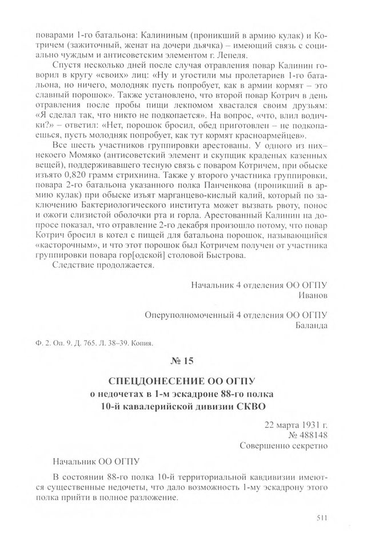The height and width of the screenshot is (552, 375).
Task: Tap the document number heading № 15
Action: coord(187,361)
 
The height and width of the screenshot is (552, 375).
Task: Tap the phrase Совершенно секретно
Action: coord(283,445)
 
